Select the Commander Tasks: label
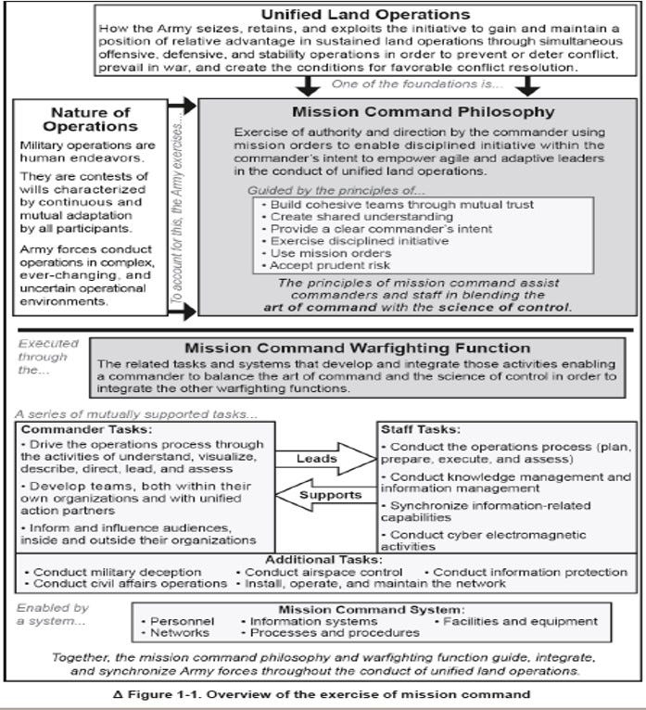[75, 429]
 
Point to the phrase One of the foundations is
[418, 85]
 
